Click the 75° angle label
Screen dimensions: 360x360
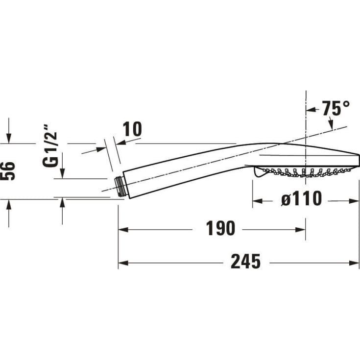point(336,108)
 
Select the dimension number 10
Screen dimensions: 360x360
point(132,129)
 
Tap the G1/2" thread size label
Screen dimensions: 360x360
point(50,146)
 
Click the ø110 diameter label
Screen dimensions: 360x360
point(302,198)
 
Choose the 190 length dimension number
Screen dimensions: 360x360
point(220,228)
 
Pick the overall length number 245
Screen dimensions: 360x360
point(245,261)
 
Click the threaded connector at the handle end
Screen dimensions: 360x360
point(120,187)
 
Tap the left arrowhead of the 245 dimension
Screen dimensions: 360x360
point(123,263)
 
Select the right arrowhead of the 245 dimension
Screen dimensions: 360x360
point(354,263)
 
